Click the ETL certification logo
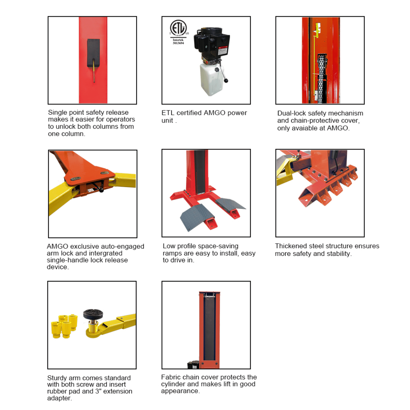(178, 28)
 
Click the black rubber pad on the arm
(91, 314)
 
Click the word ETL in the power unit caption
(168, 113)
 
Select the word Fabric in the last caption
(171, 377)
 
